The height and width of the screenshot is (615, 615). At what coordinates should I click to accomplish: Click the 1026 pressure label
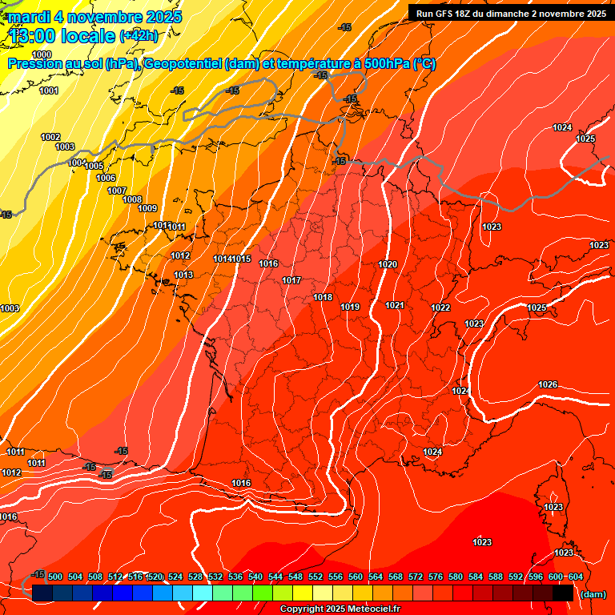click(548, 385)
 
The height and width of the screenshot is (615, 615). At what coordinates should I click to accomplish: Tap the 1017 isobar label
click(291, 281)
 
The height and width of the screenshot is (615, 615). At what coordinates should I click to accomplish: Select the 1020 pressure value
click(388, 264)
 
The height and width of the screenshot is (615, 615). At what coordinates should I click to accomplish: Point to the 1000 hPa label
click(42, 54)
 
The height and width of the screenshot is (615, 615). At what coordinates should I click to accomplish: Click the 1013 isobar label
click(183, 275)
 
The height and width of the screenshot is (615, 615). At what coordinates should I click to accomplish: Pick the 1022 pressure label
click(440, 308)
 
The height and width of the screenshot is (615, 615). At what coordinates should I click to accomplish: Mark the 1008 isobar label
click(132, 200)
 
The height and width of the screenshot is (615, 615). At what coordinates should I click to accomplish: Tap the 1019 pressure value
click(350, 307)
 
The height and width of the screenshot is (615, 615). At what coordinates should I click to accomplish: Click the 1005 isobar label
click(94, 167)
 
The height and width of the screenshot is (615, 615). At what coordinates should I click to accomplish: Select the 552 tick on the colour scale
click(316, 577)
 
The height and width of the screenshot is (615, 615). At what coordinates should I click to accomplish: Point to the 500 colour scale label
click(55, 577)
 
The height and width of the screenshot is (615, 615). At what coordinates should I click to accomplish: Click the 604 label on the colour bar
click(575, 577)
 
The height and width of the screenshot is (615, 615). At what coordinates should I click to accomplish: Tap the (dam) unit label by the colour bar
click(593, 594)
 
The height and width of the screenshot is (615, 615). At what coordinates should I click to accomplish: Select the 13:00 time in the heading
click(33, 36)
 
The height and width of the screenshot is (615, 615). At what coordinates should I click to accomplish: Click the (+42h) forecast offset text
click(139, 36)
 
